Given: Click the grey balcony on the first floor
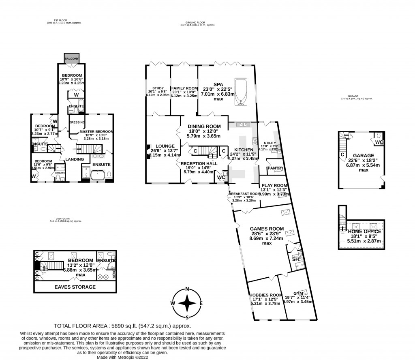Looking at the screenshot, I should (71, 58).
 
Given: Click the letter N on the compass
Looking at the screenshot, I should (187, 289).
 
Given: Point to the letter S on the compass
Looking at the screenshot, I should (187, 317).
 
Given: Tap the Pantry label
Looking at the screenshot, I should (276, 168).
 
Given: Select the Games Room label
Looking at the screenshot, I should (267, 228).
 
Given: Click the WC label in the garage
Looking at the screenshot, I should (379, 142).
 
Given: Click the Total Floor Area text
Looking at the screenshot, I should (122, 326).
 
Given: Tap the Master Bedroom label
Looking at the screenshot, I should (96, 132).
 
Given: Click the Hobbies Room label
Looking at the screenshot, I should (265, 295).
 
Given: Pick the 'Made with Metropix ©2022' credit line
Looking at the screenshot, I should (122, 357).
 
